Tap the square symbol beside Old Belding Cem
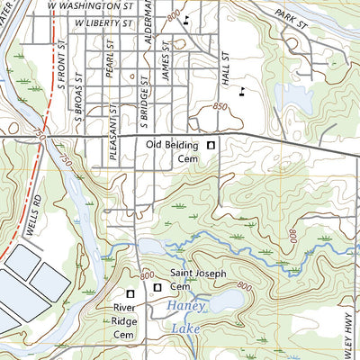211,145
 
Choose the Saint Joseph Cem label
193,280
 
